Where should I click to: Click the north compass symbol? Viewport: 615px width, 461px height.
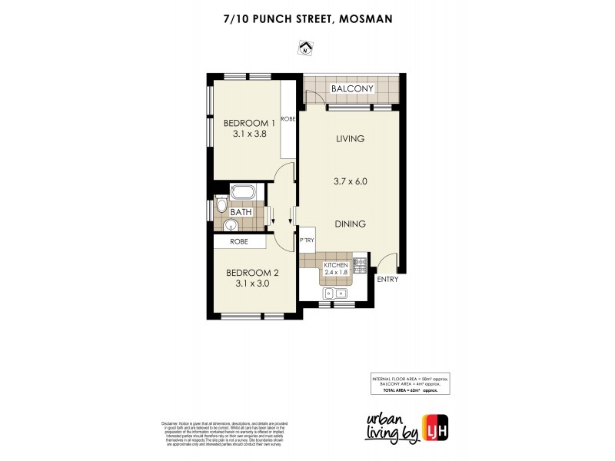tap(306, 51)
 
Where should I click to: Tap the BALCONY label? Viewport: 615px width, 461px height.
tap(352, 89)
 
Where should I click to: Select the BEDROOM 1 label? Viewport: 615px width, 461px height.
tap(249, 123)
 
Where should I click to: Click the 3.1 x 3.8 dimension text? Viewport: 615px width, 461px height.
tap(249, 134)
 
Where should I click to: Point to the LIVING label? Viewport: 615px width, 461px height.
tap(349, 139)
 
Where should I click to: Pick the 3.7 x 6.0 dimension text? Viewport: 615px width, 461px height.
tap(349, 182)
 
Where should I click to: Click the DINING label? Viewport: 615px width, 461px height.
tap(349, 224)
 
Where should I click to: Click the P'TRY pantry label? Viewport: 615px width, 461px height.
tap(307, 240)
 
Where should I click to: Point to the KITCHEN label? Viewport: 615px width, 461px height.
tap(336, 265)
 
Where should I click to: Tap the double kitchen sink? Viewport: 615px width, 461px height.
tap(336, 293)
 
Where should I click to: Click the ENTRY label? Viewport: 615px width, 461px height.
tap(387, 279)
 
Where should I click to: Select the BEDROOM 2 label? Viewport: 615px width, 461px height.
tap(251, 273)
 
